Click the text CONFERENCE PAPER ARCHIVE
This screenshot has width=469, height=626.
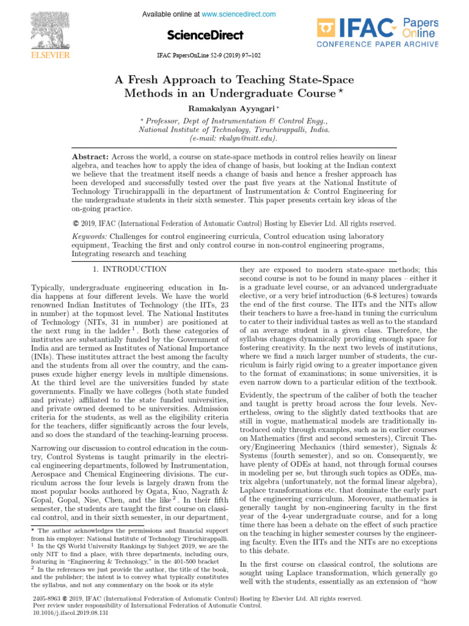[377, 45]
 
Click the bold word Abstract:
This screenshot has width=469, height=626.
[90, 156]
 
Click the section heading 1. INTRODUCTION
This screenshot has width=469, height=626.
[129, 269]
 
